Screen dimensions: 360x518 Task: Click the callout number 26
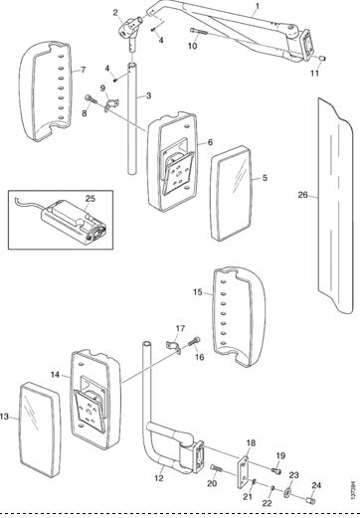(x=302, y=195)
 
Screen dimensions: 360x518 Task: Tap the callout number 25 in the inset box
(x=90, y=199)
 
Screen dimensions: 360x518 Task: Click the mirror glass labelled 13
(x=40, y=430)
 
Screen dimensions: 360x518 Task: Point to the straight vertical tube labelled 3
(x=132, y=118)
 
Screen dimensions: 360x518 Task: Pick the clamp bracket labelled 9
(x=111, y=104)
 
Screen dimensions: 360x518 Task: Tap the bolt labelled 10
(x=199, y=32)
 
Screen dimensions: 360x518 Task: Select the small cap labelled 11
(x=322, y=58)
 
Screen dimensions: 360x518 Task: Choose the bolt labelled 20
(x=218, y=469)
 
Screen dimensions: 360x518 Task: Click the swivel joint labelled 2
(x=131, y=29)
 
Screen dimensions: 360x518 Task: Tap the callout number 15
(x=197, y=292)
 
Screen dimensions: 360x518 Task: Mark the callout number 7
(x=83, y=70)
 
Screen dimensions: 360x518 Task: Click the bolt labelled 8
(x=90, y=98)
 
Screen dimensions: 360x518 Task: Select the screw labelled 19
(x=276, y=469)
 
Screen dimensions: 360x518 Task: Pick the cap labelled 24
(x=310, y=500)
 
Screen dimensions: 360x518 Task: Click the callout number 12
(x=159, y=478)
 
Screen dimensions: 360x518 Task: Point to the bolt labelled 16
(x=195, y=342)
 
